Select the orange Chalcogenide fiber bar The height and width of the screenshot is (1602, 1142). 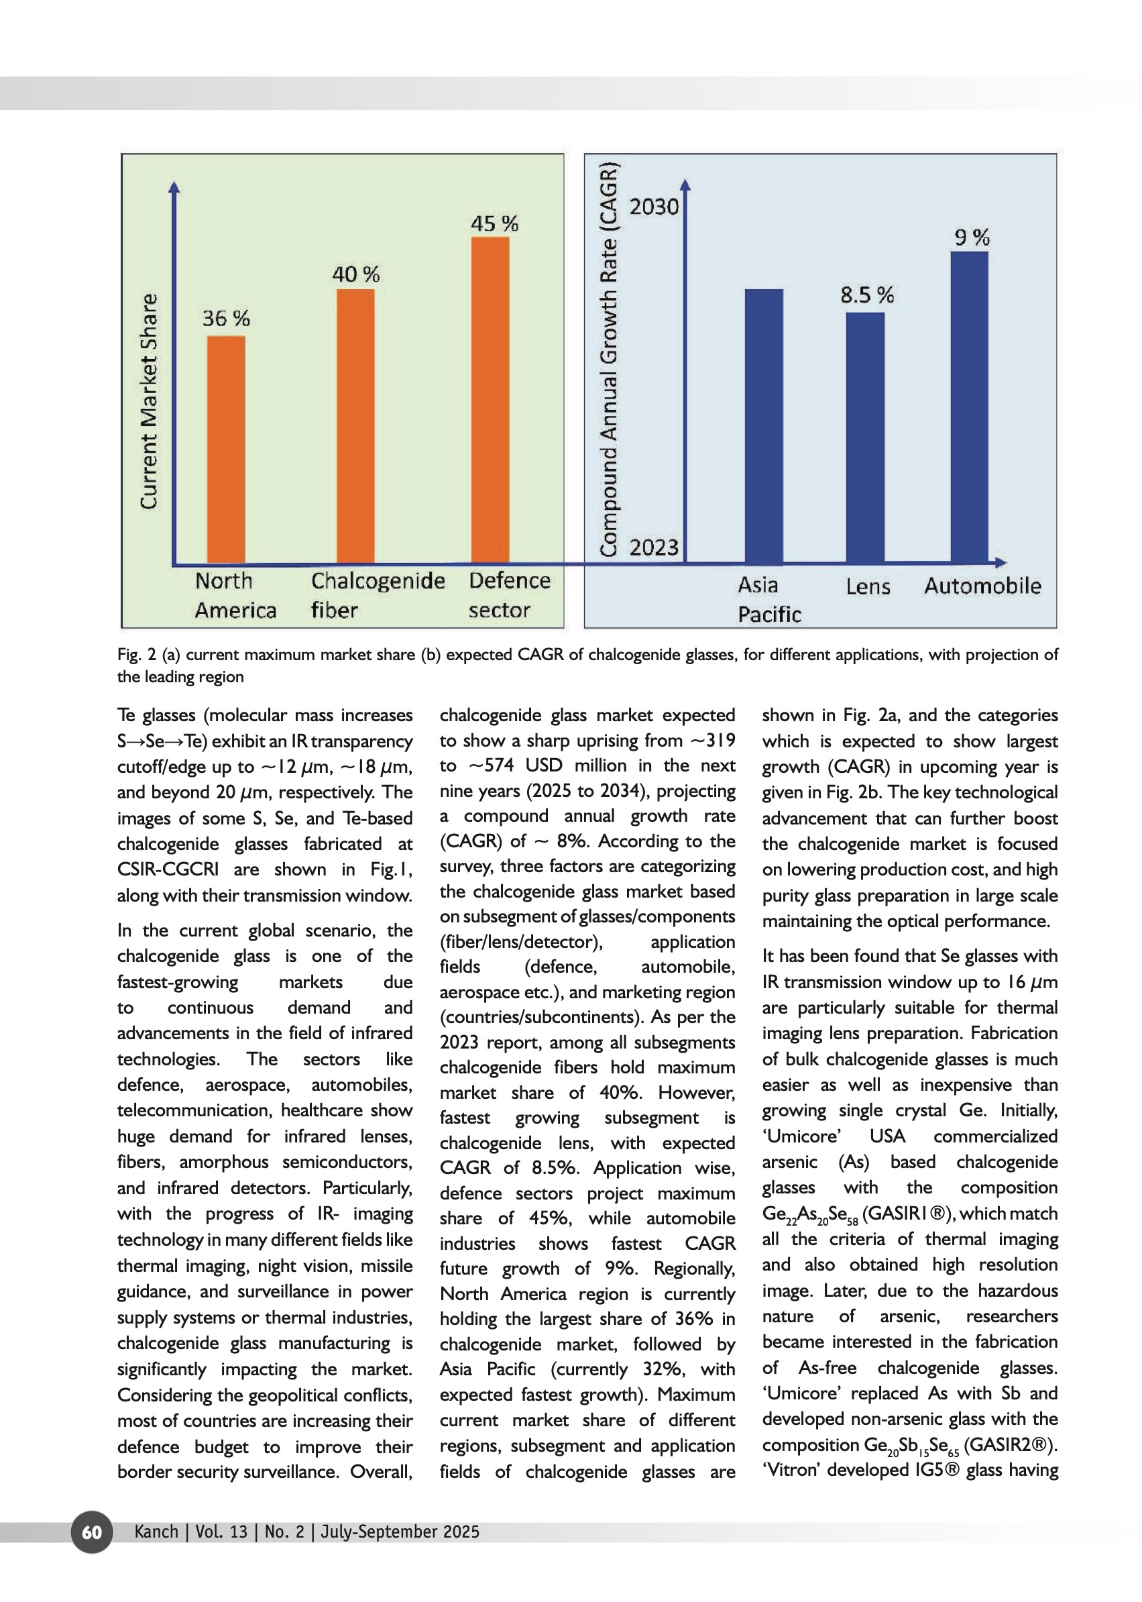pyautogui.click(x=355, y=425)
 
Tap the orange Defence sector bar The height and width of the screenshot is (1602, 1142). pyautogui.click(x=490, y=400)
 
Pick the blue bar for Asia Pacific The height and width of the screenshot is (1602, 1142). pyautogui.click(x=764, y=425)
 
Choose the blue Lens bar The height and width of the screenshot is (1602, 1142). pyautogui.click(x=865, y=437)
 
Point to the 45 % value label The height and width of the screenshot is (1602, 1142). pyautogui.click(x=494, y=224)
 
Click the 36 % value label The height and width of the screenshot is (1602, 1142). pyautogui.click(x=226, y=318)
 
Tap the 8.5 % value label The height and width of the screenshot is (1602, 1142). pyautogui.click(x=867, y=295)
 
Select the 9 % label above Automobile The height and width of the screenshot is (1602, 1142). pyautogui.click(x=972, y=237)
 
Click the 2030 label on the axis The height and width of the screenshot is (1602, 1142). pyautogui.click(x=653, y=207)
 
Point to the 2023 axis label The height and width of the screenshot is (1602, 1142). pyautogui.click(x=653, y=547)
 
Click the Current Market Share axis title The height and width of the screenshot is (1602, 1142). pyautogui.click(x=148, y=401)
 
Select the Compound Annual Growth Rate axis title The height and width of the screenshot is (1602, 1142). pyautogui.click(x=608, y=359)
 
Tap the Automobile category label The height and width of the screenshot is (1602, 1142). pyautogui.click(x=982, y=586)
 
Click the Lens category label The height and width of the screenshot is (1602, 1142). pyautogui.click(x=868, y=586)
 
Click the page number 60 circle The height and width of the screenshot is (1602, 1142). pyautogui.click(x=92, y=1532)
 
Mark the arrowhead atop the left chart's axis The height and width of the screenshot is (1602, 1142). pyautogui.click(x=174, y=187)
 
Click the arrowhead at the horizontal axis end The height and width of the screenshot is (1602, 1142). pyautogui.click(x=1001, y=562)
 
